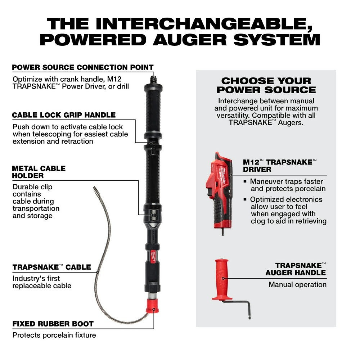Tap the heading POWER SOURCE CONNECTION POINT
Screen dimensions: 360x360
point(83,67)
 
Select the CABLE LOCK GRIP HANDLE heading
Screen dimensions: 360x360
point(64,115)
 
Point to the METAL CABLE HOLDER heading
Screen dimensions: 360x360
point(39,172)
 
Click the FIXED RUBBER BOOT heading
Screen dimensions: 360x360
point(53,324)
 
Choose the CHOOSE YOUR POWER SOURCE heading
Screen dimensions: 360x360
point(266,85)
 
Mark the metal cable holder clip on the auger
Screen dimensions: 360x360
point(152,215)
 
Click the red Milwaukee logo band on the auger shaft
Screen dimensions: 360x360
point(152,255)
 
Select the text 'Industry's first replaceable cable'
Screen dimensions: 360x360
point(42,282)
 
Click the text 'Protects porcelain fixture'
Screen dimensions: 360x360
point(54,335)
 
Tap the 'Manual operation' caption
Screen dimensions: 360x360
point(297,284)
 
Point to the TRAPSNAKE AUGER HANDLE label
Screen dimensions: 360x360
point(296,269)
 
